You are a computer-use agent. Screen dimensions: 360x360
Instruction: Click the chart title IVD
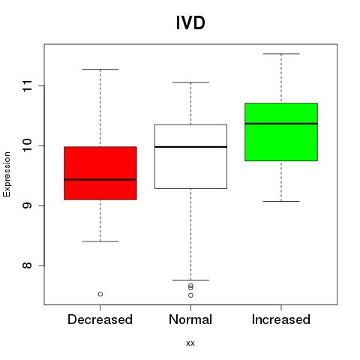point(190,22)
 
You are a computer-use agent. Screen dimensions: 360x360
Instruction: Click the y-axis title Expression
point(7,174)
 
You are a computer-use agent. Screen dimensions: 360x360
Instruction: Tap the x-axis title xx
point(190,343)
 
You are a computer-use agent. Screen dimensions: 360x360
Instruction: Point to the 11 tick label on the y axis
point(28,85)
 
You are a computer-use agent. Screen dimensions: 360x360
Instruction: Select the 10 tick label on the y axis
point(28,145)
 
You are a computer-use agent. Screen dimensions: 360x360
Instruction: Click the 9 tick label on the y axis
point(28,205)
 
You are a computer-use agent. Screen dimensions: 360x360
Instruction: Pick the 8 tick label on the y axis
point(28,265)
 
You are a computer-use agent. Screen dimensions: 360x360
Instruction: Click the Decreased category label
point(100,319)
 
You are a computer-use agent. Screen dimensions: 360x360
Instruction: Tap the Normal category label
point(190,319)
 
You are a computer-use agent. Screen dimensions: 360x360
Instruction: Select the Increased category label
point(281,319)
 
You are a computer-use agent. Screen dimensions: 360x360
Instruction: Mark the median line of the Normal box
point(190,147)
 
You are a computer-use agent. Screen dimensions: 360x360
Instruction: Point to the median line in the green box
point(281,124)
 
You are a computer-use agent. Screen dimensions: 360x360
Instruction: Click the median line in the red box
point(100,179)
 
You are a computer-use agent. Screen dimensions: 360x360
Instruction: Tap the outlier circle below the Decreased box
point(100,294)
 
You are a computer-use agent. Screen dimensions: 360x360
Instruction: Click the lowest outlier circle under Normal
point(190,295)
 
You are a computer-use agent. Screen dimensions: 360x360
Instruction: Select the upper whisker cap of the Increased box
point(281,54)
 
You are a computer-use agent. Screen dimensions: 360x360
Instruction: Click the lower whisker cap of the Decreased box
point(100,241)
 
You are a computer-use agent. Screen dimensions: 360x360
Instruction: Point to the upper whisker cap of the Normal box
point(190,82)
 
